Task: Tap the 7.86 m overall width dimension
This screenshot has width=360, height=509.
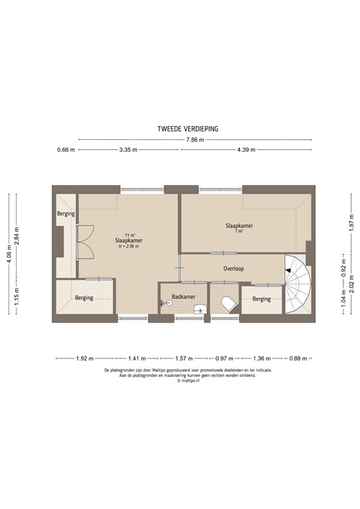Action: click(x=192, y=140)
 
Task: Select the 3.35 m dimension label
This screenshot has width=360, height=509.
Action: click(x=128, y=150)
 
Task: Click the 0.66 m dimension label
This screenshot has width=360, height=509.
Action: click(x=65, y=150)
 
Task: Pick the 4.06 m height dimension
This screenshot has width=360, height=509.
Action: click(x=8, y=255)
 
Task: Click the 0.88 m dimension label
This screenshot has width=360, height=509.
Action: click(x=300, y=359)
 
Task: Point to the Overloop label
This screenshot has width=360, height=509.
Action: click(x=234, y=270)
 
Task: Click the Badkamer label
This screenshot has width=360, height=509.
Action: click(x=182, y=297)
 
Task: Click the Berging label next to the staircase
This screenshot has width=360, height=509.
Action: click(x=262, y=299)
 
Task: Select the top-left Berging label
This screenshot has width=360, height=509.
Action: click(x=66, y=214)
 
